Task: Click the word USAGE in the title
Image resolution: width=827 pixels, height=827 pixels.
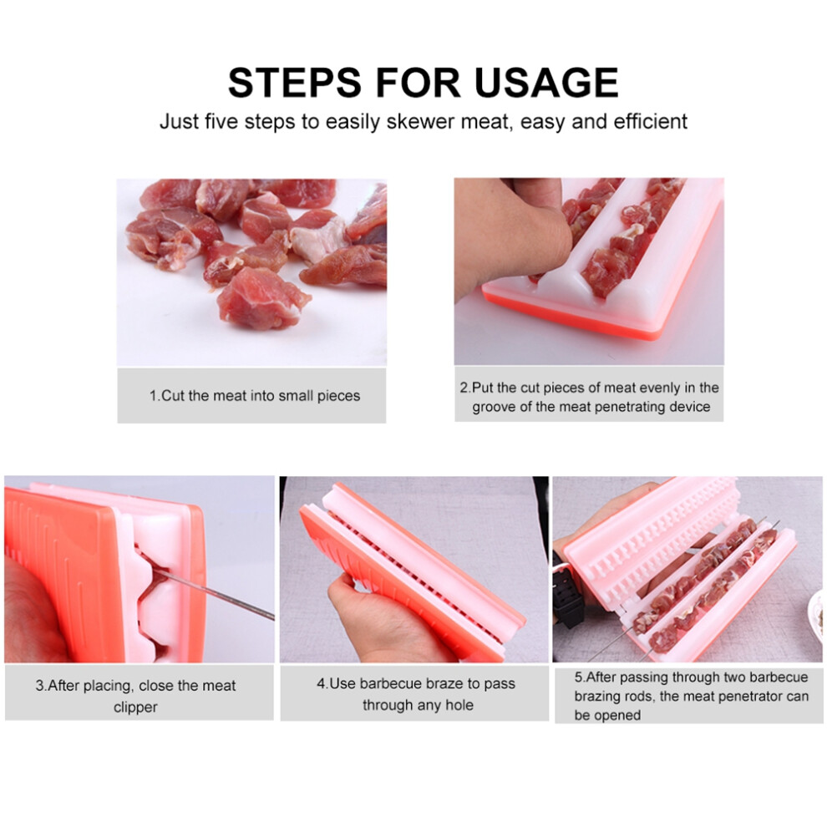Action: pos(545,82)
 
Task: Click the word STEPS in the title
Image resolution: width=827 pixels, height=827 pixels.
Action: pos(294,82)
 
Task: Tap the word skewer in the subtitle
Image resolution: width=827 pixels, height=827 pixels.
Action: pos(421,122)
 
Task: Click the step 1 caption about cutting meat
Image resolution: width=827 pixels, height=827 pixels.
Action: pos(254,396)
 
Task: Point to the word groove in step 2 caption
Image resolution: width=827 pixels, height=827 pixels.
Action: pos(493,407)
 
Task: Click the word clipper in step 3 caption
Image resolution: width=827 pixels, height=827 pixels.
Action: pos(135,708)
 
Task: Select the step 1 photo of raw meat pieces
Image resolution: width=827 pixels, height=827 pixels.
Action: pos(251,272)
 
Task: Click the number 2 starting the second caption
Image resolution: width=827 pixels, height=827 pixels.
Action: pos(464,388)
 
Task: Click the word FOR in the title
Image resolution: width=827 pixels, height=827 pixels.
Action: pos(418,82)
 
